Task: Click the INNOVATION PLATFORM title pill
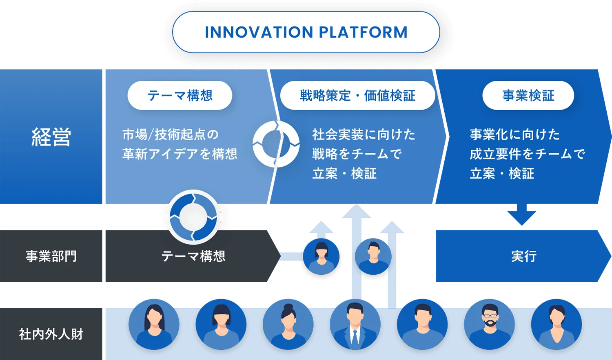coord(306,32)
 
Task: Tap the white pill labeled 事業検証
coord(528,95)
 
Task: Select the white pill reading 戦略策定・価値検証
coord(357,95)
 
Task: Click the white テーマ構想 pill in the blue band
coord(180,95)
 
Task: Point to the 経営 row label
coord(51,137)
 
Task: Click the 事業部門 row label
coord(51,256)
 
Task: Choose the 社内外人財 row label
coord(51,334)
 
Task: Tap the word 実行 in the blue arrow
coord(524,256)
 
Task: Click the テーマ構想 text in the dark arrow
coord(193,256)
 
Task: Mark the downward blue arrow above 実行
coord(522,214)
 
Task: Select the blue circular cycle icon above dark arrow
coord(193,217)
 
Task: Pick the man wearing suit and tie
coord(355,325)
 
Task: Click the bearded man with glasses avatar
coord(489,325)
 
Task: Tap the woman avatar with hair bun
coord(288,325)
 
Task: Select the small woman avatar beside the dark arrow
coord(322,256)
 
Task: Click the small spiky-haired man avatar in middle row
coord(373,256)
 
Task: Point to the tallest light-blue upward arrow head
coord(357,211)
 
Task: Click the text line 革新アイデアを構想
coord(180,154)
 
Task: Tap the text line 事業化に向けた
coord(515,135)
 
